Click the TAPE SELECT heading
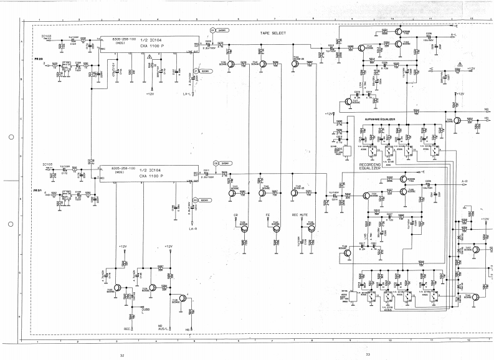(273, 32)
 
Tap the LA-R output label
(193, 229)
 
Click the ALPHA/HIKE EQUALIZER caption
(380, 118)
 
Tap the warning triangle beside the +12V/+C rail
(458, 64)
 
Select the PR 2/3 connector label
(39, 59)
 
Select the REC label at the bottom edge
(127, 328)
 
